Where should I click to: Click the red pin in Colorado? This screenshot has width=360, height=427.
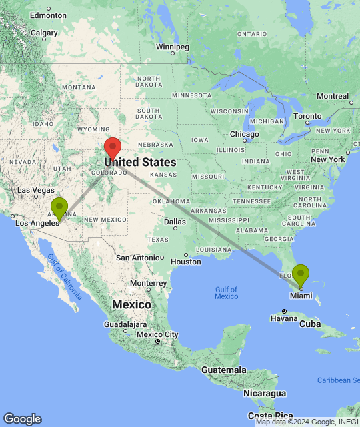[113, 147]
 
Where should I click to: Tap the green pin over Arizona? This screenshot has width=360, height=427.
[60, 207]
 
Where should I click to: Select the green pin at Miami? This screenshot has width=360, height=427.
[301, 274]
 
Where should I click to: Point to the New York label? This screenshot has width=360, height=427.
[327, 160]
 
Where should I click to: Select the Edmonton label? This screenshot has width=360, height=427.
[48, 15]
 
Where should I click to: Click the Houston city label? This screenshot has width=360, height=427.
[186, 262]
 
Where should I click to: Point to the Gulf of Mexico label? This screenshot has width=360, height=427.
[227, 292]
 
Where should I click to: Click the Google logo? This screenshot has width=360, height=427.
[22, 419]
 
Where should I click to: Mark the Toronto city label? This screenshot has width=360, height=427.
[307, 115]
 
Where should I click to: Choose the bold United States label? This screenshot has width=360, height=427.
[141, 162]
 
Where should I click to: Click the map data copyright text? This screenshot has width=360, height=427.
[306, 422]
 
